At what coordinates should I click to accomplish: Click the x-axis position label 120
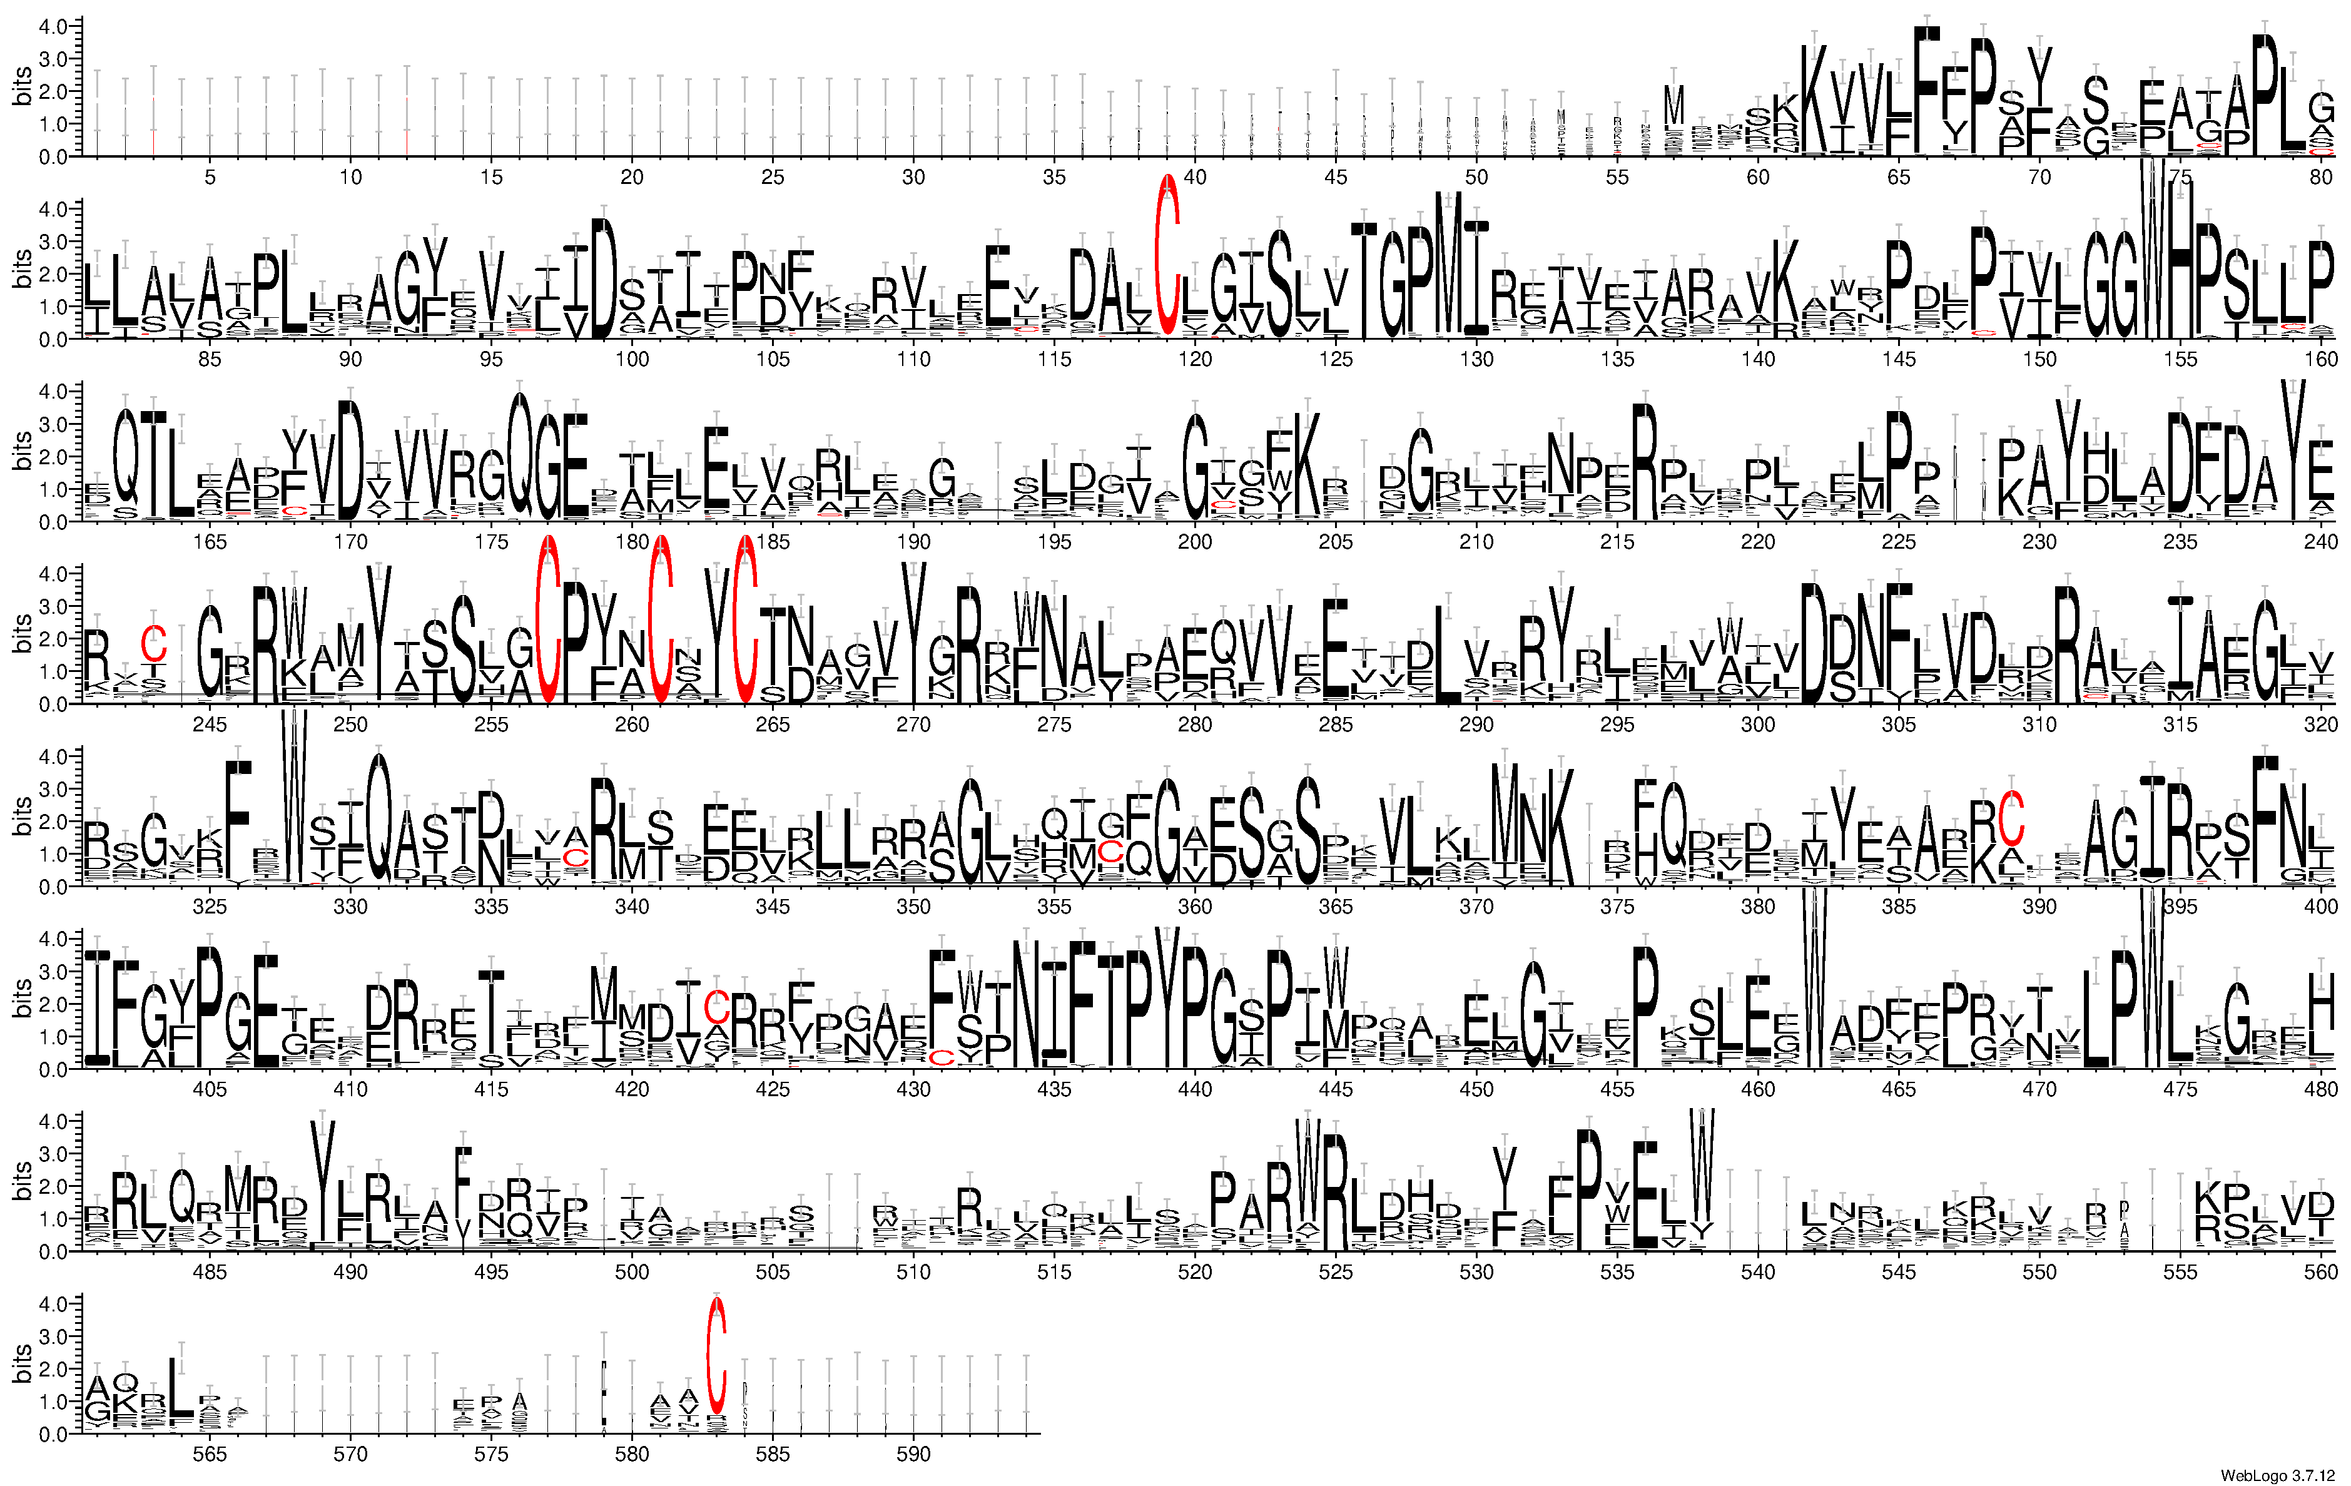(1194, 359)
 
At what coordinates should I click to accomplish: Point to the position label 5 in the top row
(210, 176)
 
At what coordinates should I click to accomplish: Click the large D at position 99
(604, 278)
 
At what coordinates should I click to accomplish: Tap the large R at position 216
(1644, 461)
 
